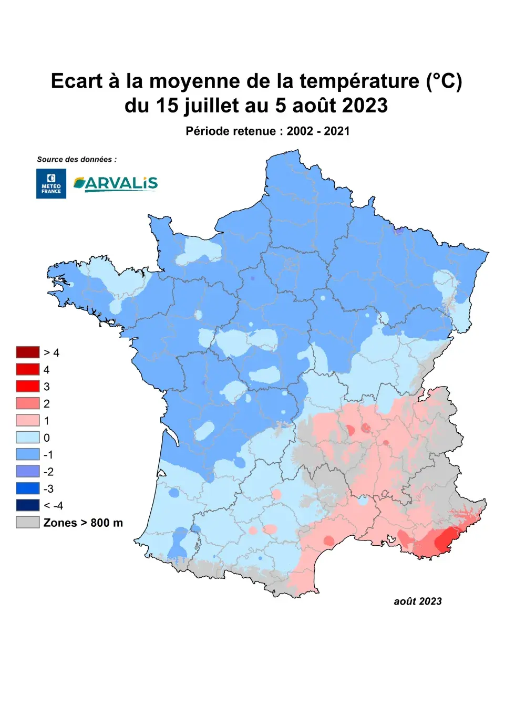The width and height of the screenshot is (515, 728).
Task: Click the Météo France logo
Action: click(x=51, y=183)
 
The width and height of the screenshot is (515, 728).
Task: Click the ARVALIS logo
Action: click(x=116, y=183)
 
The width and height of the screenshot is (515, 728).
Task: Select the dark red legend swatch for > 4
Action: click(x=27, y=352)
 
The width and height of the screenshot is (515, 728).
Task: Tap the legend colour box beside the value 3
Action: click(x=27, y=386)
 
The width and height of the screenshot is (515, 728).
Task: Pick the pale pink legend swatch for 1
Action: click(x=27, y=420)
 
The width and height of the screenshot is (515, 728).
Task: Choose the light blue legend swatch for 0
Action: click(x=27, y=437)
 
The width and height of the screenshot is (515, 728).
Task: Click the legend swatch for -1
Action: click(x=27, y=454)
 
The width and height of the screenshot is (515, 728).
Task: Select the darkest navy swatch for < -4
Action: click(x=27, y=505)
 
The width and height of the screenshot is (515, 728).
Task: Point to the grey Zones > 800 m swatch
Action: click(x=27, y=522)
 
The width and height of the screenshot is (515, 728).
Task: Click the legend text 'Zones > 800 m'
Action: click(x=83, y=523)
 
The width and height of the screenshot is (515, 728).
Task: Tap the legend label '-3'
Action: click(x=48, y=488)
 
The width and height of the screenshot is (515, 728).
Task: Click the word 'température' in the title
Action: click(x=359, y=81)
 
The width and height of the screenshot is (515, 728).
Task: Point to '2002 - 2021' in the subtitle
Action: click(x=318, y=131)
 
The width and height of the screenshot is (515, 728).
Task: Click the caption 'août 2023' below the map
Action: click(x=418, y=601)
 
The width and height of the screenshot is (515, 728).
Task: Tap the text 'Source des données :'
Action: click(x=77, y=159)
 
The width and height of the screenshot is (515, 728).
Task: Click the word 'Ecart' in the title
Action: click(x=77, y=81)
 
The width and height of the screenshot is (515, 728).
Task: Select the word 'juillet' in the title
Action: click(x=211, y=106)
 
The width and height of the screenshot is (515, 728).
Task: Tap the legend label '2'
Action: click(x=47, y=403)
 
